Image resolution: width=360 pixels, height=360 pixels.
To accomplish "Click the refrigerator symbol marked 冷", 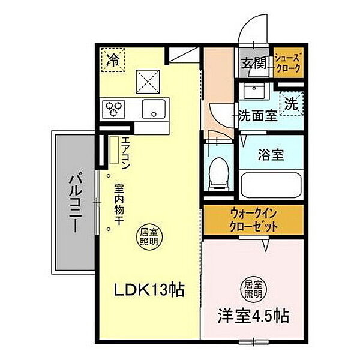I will tap(112, 60).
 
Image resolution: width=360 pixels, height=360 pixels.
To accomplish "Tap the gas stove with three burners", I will tap(113, 109).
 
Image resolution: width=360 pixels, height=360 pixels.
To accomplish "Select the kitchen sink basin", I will tap(154, 109).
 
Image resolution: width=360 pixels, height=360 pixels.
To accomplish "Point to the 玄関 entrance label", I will tap(254, 62).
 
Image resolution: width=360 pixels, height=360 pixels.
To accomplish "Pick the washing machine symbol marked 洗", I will tap(292, 103).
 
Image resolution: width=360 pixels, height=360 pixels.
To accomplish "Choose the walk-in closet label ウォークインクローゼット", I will tap(254, 220).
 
